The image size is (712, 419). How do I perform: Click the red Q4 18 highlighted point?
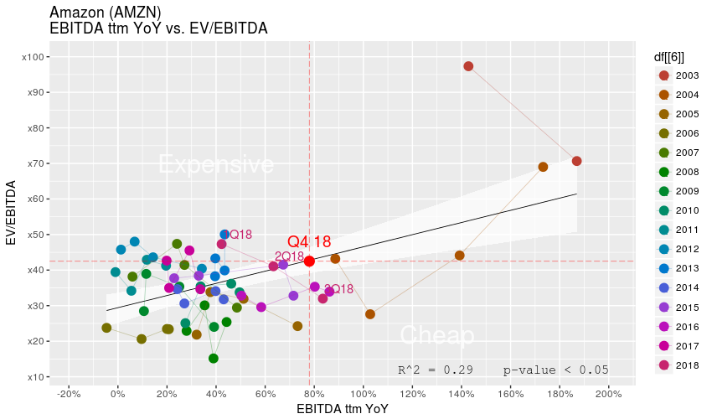click(309, 261)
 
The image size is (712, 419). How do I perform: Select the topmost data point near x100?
click(468, 66)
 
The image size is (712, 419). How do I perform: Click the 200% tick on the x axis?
click(608, 393)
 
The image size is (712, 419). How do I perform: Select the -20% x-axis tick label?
click(68, 393)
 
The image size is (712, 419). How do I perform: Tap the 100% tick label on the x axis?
click(363, 393)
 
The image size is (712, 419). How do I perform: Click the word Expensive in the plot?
click(216, 164)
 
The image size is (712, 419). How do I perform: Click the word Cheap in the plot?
click(437, 335)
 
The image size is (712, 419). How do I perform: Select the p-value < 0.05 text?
click(555, 370)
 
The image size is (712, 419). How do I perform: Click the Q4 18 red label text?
click(309, 242)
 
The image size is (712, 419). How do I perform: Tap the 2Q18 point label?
click(289, 256)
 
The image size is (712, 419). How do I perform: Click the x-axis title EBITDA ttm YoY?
click(343, 409)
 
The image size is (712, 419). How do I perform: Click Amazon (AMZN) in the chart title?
click(106, 12)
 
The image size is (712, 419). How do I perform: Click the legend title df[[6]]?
click(669, 57)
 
